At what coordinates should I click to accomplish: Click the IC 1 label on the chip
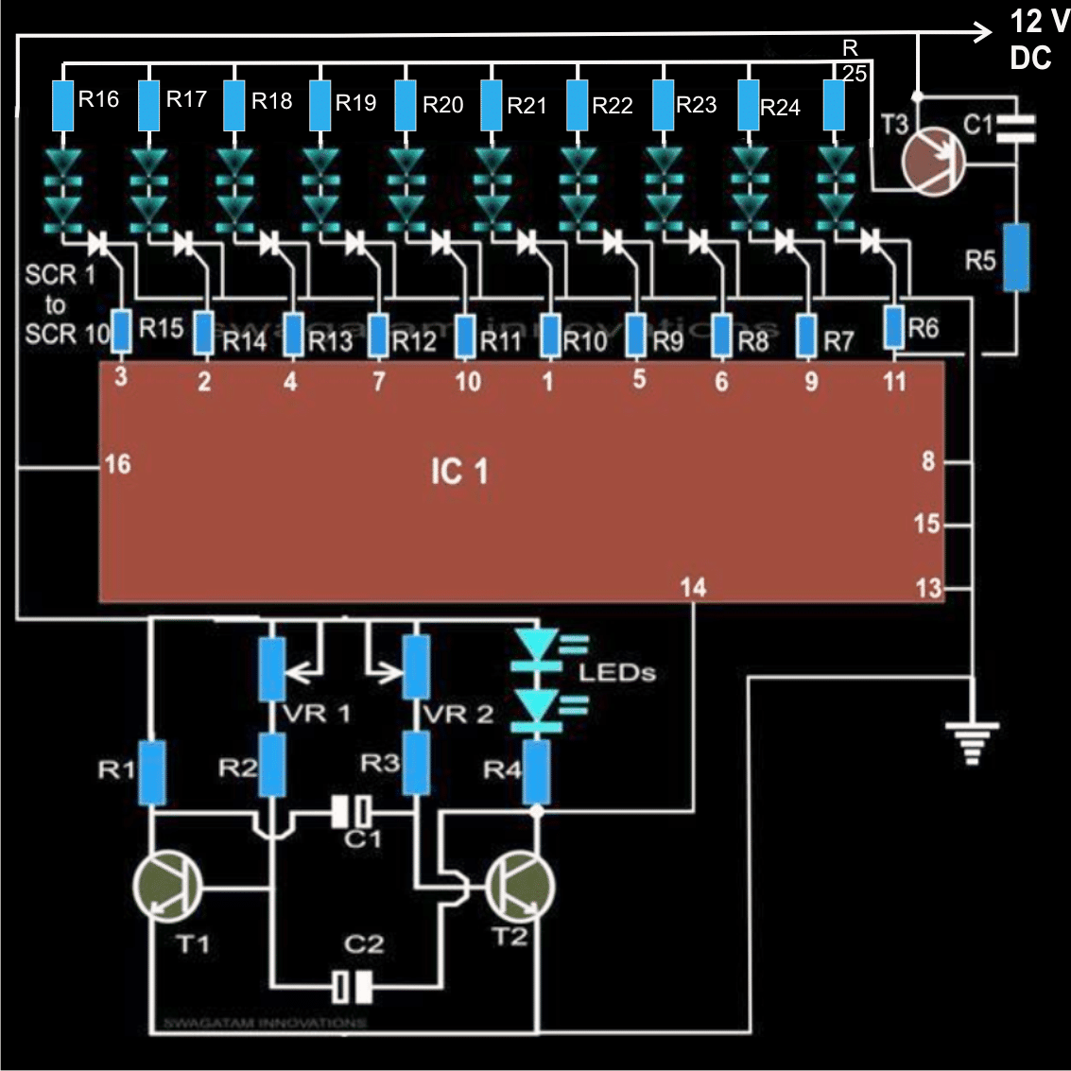point(459,471)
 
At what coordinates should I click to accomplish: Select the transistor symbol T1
point(167,886)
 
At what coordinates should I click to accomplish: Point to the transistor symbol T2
point(519,886)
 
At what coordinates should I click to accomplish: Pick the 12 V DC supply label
point(1037,40)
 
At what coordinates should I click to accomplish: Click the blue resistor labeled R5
point(1016,257)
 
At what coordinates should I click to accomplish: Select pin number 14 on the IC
point(693,587)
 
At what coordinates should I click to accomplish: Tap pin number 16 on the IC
point(117,463)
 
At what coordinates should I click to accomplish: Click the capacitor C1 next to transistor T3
point(1016,126)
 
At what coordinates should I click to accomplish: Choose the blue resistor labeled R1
point(152,772)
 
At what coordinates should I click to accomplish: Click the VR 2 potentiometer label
point(458,714)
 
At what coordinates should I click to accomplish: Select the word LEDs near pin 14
point(616,673)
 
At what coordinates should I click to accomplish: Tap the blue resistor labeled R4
point(537,771)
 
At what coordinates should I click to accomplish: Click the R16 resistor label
point(98,99)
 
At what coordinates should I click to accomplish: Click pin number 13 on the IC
point(928,588)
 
